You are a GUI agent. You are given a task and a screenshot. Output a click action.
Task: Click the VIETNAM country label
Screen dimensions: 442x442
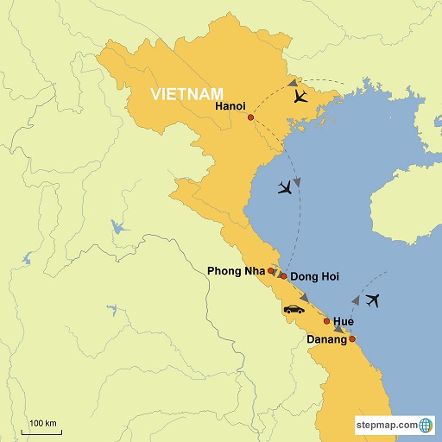(185, 92)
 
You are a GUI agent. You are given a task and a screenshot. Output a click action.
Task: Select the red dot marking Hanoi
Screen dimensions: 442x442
(250, 117)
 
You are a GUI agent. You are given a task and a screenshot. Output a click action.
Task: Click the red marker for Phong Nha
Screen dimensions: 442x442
(271, 271)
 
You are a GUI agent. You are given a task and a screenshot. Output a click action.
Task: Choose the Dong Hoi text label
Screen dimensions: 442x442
(316, 277)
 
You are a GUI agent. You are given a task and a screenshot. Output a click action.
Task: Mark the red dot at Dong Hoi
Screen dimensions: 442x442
(283, 275)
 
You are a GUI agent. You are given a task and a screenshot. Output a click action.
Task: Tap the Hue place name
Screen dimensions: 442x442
(344, 321)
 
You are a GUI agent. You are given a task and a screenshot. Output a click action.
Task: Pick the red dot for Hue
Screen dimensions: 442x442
(326, 321)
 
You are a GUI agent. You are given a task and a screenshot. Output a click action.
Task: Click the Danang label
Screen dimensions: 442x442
(327, 340)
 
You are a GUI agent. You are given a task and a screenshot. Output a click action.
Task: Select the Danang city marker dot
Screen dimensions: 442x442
(352, 338)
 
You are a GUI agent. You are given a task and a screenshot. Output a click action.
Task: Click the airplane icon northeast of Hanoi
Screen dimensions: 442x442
(300, 97)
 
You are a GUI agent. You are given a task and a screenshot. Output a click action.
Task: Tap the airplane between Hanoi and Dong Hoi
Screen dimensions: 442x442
(283, 187)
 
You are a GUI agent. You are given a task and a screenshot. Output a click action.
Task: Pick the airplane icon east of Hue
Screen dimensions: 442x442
(373, 300)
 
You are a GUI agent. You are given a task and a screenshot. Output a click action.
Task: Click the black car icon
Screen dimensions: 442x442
(294, 309)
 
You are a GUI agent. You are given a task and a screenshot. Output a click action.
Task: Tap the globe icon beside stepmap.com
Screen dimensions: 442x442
(426, 425)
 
